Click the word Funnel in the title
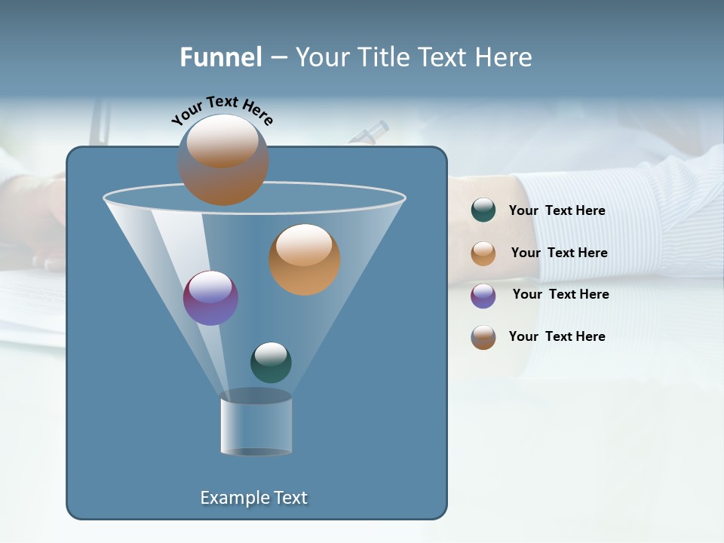(220, 57)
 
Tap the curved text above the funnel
(222, 110)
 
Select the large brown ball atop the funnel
(223, 159)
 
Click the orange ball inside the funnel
(304, 259)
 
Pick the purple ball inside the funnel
(210, 298)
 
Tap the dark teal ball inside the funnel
(271, 362)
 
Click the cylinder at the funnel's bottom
(256, 426)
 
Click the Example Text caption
(253, 498)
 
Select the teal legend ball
(483, 210)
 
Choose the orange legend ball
(483, 253)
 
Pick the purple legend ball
(483, 295)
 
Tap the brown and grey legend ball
(483, 337)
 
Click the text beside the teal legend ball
(557, 210)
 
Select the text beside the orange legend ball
(559, 253)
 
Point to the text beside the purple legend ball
(560, 294)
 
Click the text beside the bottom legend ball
(557, 336)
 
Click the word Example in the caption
(230, 498)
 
